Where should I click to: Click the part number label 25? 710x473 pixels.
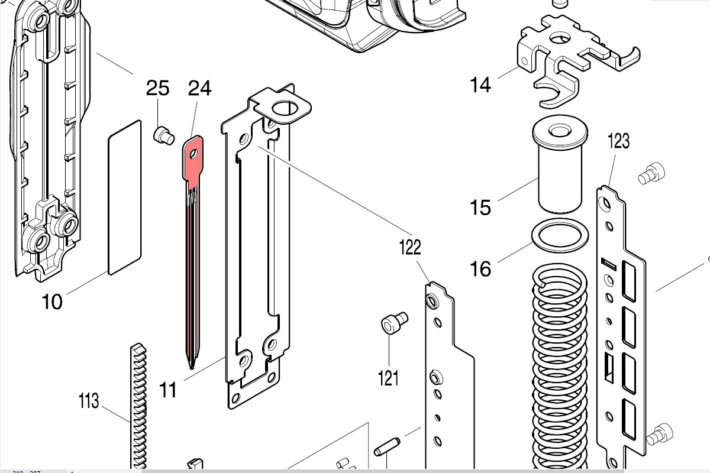[158, 89]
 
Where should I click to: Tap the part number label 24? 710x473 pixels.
[199, 89]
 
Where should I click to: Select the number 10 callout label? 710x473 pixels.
[52, 302]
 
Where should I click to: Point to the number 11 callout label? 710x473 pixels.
[168, 390]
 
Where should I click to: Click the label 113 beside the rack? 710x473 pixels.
[89, 403]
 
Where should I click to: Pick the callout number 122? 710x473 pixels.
[409, 247]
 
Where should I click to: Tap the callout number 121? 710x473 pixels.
[388, 377]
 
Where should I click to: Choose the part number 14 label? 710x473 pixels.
[480, 86]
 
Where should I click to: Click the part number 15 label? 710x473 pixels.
[480, 208]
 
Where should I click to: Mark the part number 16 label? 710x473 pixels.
[480, 270]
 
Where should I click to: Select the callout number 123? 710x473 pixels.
[619, 141]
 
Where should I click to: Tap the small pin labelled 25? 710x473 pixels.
[163, 136]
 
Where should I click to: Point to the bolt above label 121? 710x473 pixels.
[392, 324]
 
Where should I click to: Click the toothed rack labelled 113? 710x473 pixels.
[137, 408]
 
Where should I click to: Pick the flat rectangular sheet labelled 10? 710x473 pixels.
[125, 197]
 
